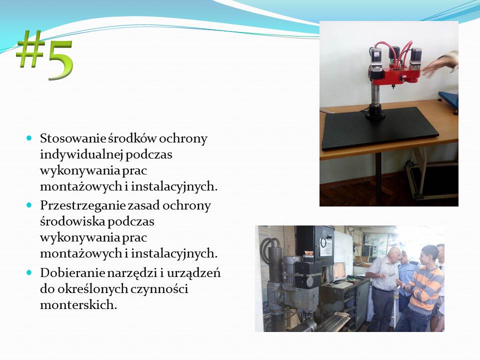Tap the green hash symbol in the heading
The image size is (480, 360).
[x=30, y=48]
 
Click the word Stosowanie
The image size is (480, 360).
[x=72, y=138]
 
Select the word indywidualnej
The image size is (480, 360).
[x=81, y=154]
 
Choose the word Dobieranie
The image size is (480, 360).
[x=71, y=272]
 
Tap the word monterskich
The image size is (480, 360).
[x=78, y=305]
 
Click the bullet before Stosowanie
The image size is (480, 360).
[x=29, y=138]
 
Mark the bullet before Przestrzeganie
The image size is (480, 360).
[x=29, y=205]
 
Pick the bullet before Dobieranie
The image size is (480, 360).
[x=29, y=272]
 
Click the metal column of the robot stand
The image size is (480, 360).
[x=375, y=94]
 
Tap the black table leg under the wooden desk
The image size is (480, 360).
[x=378, y=179]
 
